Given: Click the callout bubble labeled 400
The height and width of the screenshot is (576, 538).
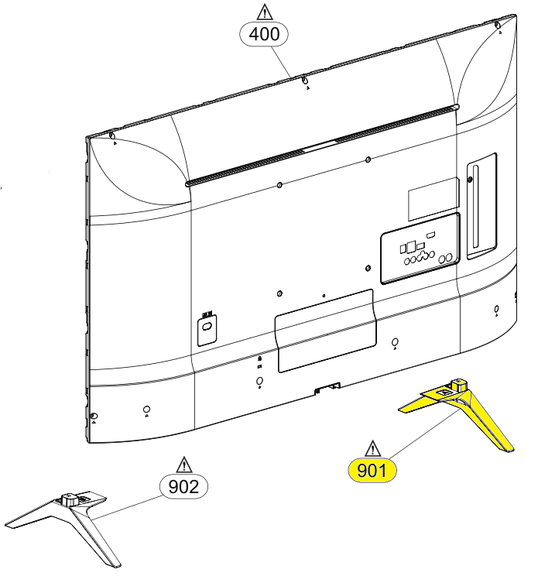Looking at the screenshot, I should [x=265, y=33].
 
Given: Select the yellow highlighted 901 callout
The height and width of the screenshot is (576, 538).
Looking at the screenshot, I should [x=372, y=470].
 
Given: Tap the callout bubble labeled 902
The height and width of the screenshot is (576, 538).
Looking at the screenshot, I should [x=183, y=486].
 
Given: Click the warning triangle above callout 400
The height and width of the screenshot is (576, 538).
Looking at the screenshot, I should [x=265, y=11].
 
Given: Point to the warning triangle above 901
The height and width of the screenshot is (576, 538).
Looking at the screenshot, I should [x=373, y=448].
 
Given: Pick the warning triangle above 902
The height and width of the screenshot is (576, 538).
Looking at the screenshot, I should [x=184, y=465].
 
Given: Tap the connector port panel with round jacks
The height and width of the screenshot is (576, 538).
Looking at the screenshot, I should [x=419, y=252].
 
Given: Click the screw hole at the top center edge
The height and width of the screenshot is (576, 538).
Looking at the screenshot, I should [x=304, y=81].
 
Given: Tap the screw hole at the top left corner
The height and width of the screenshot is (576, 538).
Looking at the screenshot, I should [x=113, y=138].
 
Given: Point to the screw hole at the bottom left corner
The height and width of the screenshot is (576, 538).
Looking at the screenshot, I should [x=94, y=417].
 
